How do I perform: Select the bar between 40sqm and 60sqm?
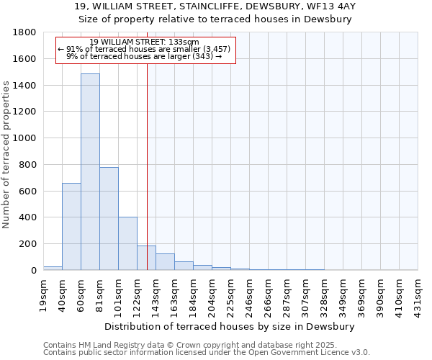71,226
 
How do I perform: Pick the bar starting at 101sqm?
127,243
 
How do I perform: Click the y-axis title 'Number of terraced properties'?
6,155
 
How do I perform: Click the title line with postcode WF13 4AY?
215,6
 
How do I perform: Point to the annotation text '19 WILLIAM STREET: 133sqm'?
145,42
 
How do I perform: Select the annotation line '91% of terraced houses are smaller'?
144,49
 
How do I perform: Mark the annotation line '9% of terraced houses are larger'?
144,56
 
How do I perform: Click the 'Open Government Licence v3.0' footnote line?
207,352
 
